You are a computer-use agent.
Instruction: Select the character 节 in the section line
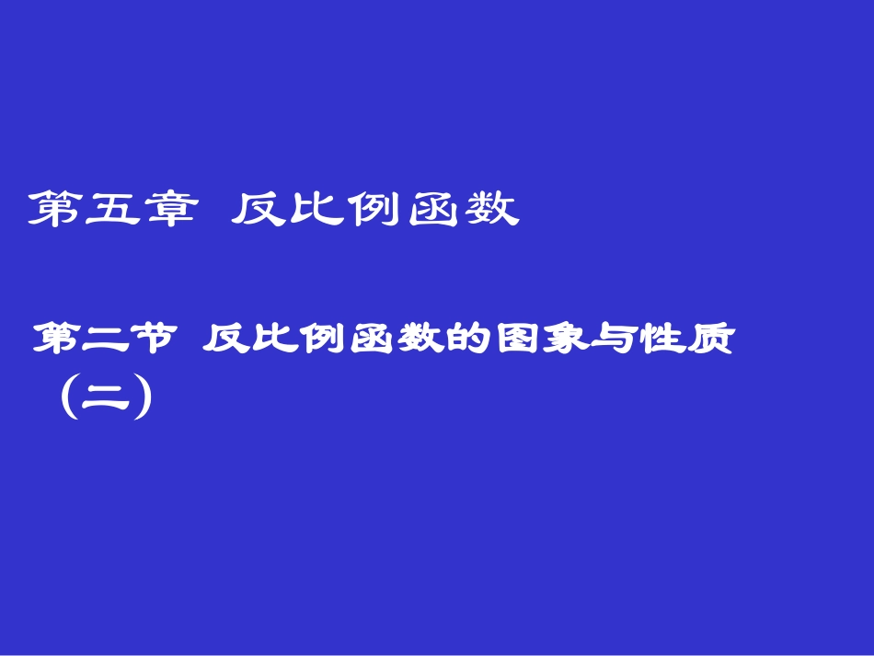pyautogui.click(x=151, y=340)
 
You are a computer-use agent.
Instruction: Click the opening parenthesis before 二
pyautogui.click(x=66, y=400)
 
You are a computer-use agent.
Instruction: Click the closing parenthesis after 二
pyautogui.click(x=141, y=400)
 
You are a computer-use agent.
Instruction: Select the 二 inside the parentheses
pyautogui.click(x=103, y=401)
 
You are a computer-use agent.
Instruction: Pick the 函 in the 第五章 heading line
pyautogui.click(x=431, y=210)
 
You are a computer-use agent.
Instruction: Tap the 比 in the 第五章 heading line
pyautogui.click(x=313, y=210)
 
